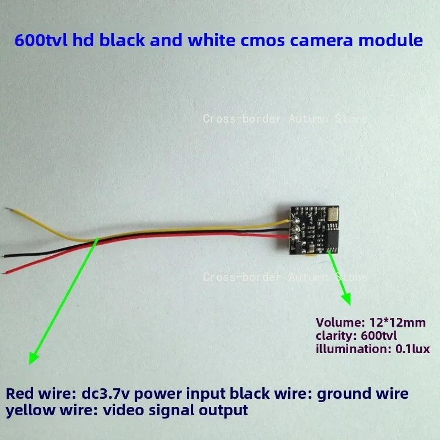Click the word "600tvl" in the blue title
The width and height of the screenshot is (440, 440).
(x=41, y=40)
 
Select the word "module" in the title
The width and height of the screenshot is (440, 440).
(x=391, y=40)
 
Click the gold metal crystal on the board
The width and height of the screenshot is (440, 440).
(x=332, y=215)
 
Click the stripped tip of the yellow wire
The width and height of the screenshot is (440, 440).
(x=7, y=209)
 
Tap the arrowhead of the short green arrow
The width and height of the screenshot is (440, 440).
(x=347, y=298)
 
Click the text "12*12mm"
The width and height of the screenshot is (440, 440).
(x=397, y=322)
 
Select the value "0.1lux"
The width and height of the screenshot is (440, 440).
(x=413, y=349)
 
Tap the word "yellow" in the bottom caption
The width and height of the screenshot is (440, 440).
(x=30, y=411)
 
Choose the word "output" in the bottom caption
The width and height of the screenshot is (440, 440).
(x=223, y=411)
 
